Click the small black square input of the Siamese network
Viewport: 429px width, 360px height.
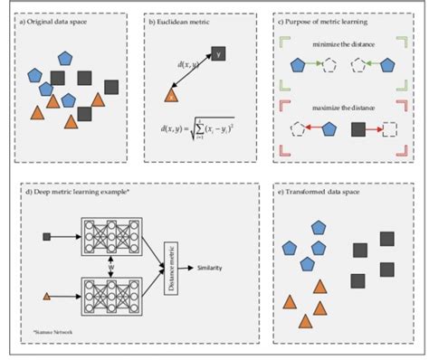(x=46, y=237)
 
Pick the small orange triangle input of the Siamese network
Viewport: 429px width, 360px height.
(x=46, y=296)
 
